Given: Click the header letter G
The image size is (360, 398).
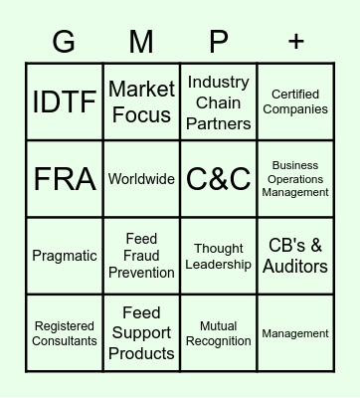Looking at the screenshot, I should [x=64, y=42].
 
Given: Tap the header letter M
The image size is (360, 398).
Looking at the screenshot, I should [x=141, y=42].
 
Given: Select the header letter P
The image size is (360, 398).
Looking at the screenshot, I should [x=219, y=42].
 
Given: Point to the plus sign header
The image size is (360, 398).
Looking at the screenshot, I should [x=296, y=42].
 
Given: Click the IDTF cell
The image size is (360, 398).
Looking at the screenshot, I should [x=65, y=102].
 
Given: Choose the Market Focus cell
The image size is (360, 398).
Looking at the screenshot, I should [x=141, y=102].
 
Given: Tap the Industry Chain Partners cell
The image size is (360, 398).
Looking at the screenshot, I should [x=219, y=102].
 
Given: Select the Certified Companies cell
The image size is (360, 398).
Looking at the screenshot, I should [x=295, y=102].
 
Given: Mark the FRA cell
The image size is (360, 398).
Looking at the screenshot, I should [x=65, y=179].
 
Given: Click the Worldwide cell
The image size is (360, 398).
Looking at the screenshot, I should [x=141, y=179].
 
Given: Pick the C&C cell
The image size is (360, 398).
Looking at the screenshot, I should [x=219, y=179].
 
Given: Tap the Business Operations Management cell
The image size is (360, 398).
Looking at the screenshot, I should [x=295, y=179].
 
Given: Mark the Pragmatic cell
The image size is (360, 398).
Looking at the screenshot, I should [x=65, y=256].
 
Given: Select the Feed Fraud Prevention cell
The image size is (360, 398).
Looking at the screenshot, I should [x=141, y=256].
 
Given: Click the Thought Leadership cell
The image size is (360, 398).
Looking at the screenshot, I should [x=219, y=256].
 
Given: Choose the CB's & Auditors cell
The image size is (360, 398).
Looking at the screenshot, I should [x=295, y=256].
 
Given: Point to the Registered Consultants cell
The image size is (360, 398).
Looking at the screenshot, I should [x=65, y=333].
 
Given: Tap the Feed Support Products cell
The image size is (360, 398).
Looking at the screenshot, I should [x=141, y=333].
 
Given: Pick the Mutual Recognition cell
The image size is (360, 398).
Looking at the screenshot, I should [x=219, y=333].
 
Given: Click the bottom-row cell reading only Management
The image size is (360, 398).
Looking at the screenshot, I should [x=295, y=333].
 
